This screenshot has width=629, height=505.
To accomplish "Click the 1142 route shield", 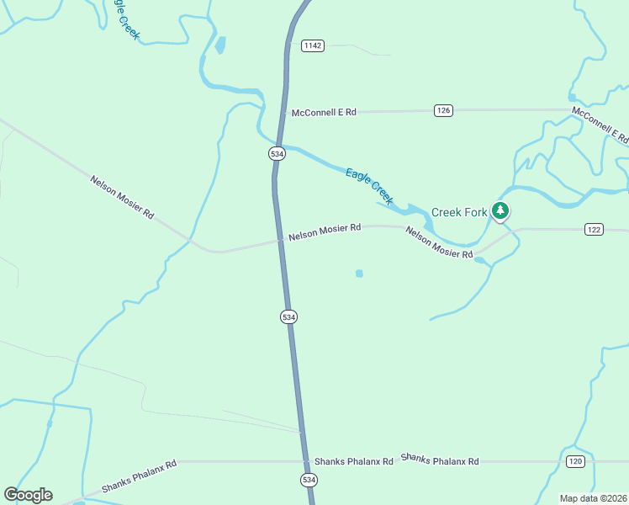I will coord(313,45).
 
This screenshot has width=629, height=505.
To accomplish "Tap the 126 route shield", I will coord(444,110).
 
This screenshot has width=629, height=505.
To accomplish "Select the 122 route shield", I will coord(595,229).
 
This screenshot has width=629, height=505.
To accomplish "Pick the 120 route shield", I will coord(575,461).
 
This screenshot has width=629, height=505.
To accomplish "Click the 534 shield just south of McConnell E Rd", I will coord(277,153).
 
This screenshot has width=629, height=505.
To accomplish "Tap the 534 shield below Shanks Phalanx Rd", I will coord(309,480).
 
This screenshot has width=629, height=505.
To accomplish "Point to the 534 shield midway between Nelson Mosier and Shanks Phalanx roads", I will coord(288,316).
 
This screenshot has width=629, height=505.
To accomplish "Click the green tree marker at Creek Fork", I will coord(501,210).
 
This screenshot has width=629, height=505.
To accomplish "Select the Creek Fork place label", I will coord(459,212).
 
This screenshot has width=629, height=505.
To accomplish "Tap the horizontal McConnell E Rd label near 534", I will coord(324,112).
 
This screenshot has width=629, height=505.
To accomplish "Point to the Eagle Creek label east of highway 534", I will coord(369,186).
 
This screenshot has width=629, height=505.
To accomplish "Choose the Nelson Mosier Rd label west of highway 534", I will coord(122,197).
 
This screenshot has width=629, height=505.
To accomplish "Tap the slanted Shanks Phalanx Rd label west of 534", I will coord(139,476).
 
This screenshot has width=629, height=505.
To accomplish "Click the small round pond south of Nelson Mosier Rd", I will coord(359,274).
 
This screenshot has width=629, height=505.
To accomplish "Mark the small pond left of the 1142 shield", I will coord(220,45).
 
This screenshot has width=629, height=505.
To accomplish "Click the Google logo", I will coord(28,495).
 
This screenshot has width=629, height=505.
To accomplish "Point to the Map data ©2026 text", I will coord(592,498).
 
